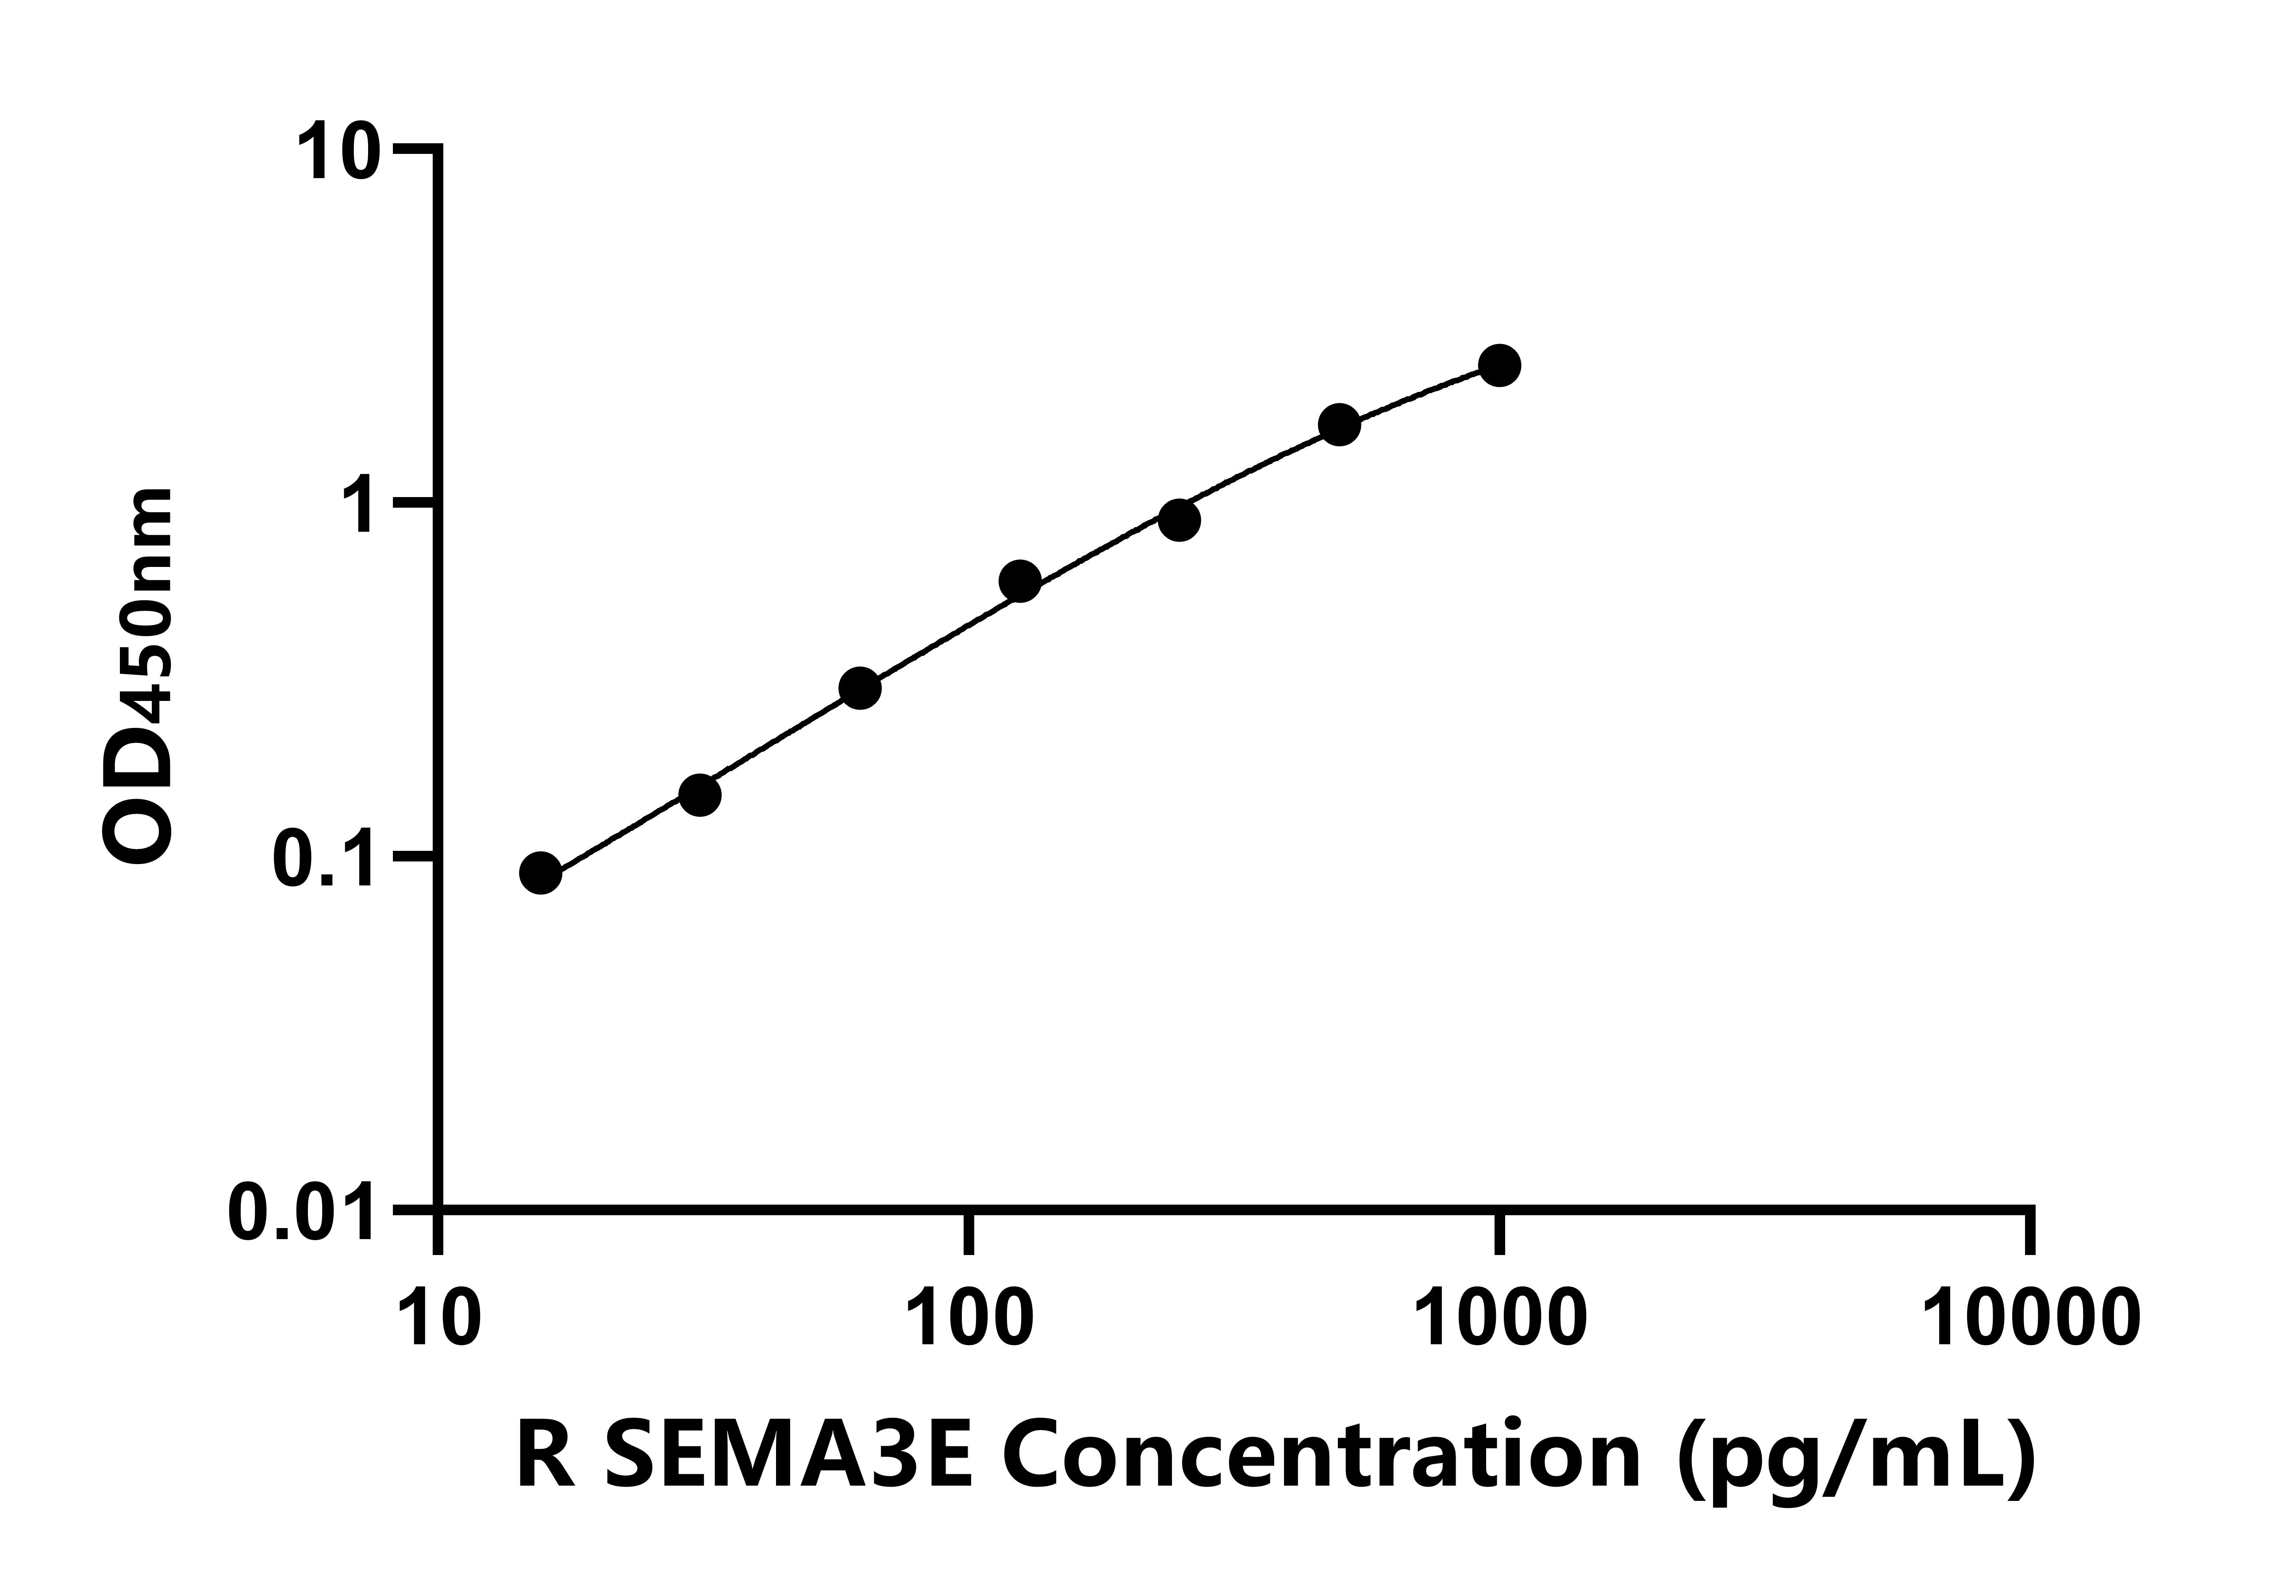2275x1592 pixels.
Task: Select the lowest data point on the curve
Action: [540, 873]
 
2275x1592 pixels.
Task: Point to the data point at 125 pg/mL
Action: [1019, 582]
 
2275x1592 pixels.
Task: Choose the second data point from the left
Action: [699, 795]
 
